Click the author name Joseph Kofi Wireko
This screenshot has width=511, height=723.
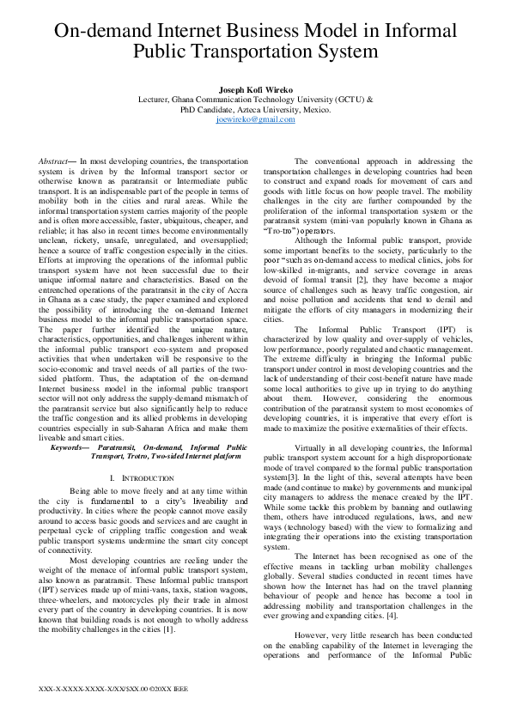click(x=255, y=88)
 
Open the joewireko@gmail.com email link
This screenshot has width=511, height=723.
click(x=255, y=120)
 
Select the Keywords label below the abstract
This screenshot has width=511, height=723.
click(x=69, y=447)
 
